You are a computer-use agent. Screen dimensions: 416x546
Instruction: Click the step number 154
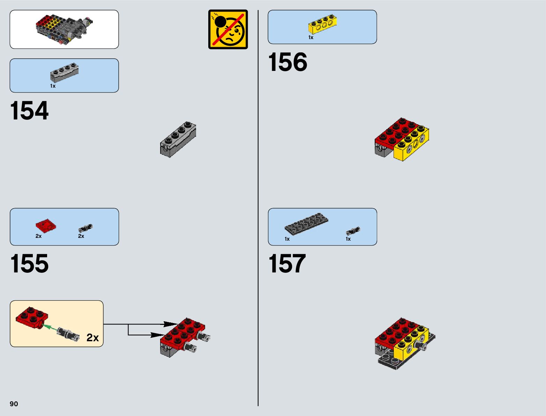[29, 111]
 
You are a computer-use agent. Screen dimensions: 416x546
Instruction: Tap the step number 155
[29, 264]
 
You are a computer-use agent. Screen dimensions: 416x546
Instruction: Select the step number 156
[287, 62]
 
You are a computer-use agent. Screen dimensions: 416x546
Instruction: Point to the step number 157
[287, 264]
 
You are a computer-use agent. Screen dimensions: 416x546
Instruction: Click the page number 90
[14, 404]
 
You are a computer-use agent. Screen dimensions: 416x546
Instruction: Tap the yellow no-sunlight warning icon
[228, 29]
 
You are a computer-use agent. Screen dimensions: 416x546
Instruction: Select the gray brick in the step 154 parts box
[64, 73]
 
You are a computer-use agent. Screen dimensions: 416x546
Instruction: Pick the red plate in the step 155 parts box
[45, 226]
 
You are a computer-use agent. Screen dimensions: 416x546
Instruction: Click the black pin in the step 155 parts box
[85, 228]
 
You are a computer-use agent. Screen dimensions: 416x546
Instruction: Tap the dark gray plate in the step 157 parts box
[306, 224]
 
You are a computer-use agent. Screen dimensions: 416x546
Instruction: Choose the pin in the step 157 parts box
[353, 231]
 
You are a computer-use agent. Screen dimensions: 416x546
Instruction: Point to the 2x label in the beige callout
[92, 337]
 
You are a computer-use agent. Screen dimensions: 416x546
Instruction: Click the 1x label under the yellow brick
[311, 37]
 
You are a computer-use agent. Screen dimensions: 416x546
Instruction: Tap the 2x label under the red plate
[38, 236]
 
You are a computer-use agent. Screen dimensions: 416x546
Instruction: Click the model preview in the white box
[64, 29]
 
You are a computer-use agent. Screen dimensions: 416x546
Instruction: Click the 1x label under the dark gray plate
[287, 239]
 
